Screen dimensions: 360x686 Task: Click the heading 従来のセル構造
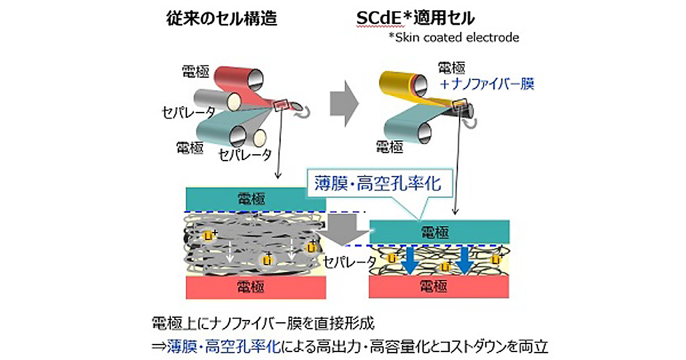pyautogui.click(x=222, y=18)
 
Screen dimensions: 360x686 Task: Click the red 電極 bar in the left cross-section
pyautogui.click(x=256, y=286)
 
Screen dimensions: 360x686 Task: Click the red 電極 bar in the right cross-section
pyautogui.click(x=438, y=286)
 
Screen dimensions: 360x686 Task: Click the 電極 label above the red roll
pyautogui.click(x=196, y=71)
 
